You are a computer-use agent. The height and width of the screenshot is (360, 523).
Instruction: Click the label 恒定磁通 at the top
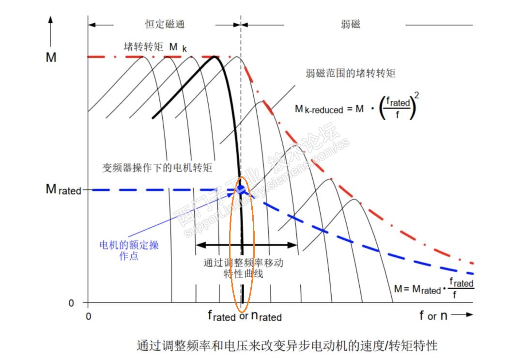click(165, 25)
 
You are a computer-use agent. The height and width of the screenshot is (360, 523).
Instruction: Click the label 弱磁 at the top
click(351, 25)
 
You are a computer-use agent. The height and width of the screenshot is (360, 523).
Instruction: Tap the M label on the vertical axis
click(51, 57)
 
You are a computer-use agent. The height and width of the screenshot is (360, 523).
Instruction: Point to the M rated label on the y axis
click(63, 189)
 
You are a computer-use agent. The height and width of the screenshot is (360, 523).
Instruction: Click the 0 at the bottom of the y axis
click(71, 303)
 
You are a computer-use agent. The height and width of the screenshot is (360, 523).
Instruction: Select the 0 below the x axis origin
click(88, 316)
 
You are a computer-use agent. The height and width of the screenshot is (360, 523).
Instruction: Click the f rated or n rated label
click(245, 316)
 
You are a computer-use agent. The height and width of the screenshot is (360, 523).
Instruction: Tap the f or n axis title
click(433, 316)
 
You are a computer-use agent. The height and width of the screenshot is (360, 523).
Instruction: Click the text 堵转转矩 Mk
click(155, 47)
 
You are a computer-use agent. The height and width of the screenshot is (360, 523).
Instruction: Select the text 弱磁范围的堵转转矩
click(351, 73)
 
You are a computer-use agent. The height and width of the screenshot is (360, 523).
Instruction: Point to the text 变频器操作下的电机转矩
click(157, 168)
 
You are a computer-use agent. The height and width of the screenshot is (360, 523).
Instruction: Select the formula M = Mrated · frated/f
click(433, 289)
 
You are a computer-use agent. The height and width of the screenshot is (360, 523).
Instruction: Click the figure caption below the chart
click(287, 345)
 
